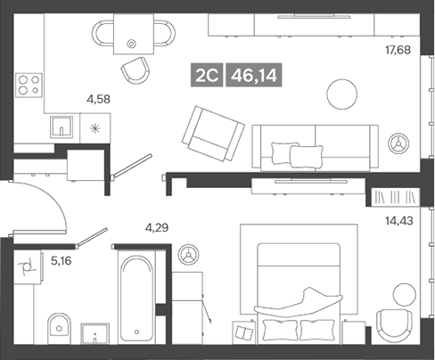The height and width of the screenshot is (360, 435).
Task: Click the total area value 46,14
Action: tap(252, 76)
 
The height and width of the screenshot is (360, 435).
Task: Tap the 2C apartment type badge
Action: tap(209, 76)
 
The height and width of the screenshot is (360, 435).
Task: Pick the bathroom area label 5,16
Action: tap(62, 262)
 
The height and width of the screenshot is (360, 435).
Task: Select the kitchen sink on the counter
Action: tap(60, 127)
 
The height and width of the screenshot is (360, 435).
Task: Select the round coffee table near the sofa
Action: tap(341, 94)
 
